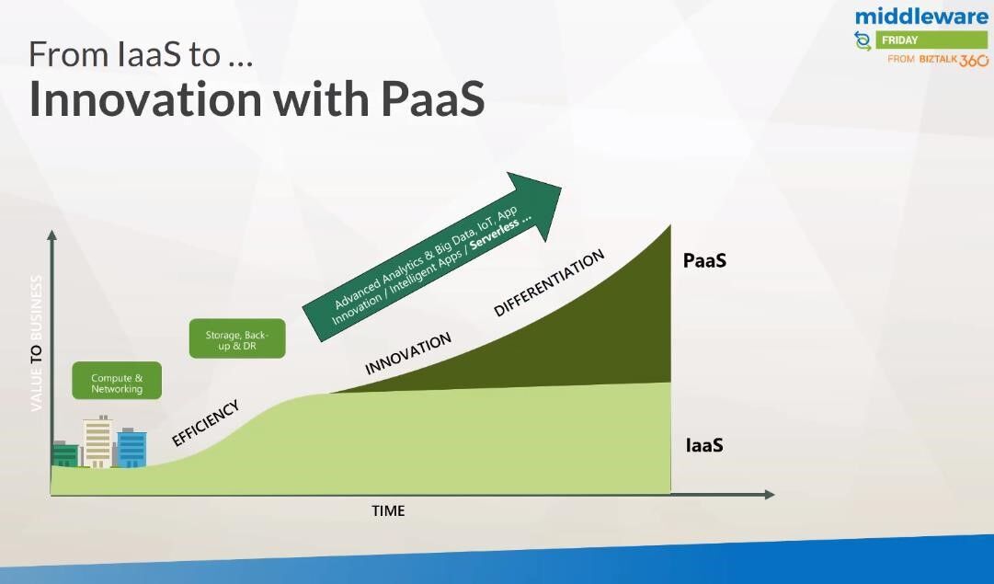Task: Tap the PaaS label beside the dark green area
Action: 704,260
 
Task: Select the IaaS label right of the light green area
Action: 704,445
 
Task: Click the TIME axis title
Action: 388,510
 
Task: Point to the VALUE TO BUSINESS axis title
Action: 37,342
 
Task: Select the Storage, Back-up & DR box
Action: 237,339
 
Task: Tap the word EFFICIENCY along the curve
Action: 205,423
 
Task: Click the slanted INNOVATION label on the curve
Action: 408,353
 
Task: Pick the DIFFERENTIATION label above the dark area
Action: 549,283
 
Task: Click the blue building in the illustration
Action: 131,449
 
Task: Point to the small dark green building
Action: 65,454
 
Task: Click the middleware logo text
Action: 921,16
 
